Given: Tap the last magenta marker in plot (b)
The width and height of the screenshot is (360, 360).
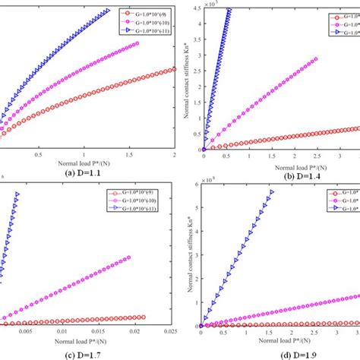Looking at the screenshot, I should [x=315, y=59].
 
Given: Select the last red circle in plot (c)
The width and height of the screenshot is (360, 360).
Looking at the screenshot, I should [x=143, y=317].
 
